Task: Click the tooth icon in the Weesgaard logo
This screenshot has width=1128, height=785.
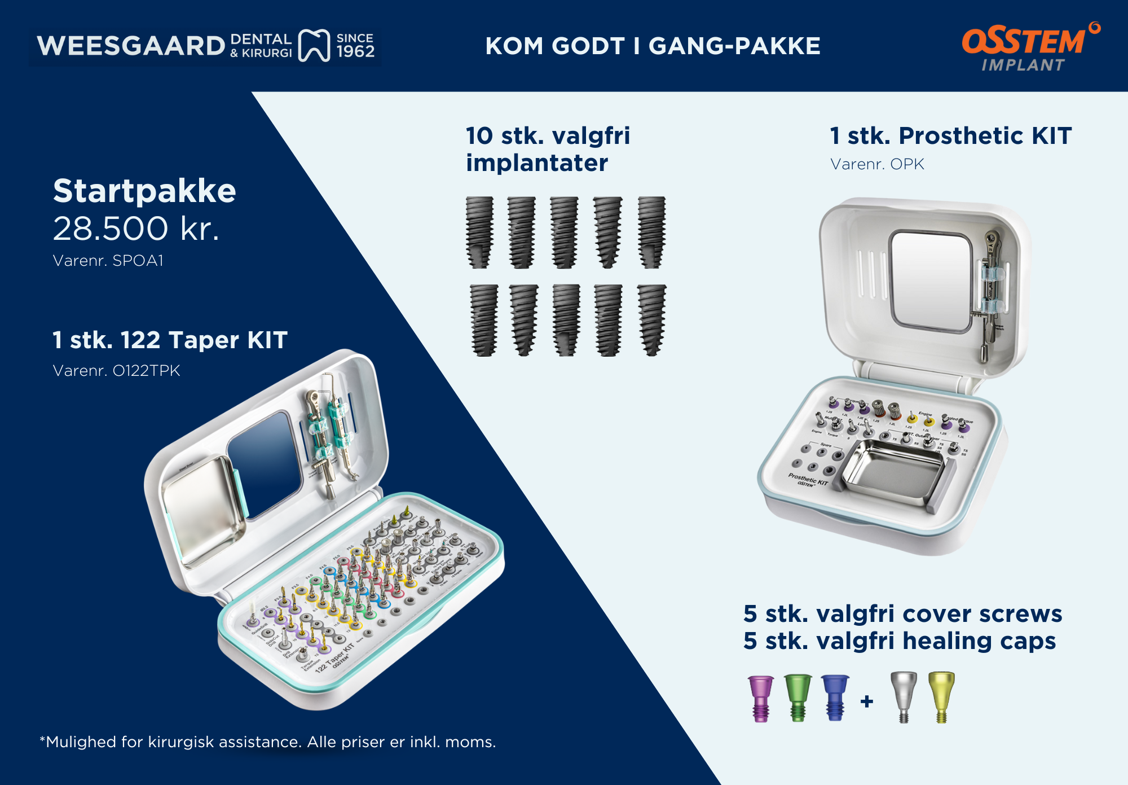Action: point(314,45)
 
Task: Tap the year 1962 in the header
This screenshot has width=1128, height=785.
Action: point(355,52)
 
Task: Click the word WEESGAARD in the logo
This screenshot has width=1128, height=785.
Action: point(131,46)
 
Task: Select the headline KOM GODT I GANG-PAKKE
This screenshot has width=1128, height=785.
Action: point(653,46)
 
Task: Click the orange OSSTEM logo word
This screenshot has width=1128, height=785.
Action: point(1023,41)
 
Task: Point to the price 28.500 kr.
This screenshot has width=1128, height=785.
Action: point(136,229)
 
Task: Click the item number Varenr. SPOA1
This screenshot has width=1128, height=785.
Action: point(108,261)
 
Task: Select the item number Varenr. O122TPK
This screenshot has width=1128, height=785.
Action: point(116,371)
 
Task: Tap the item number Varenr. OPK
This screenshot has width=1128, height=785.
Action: point(877,164)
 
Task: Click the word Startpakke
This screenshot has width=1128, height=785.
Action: point(144,191)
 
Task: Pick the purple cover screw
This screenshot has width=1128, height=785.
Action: point(760,698)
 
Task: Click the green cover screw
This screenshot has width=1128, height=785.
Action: point(797,698)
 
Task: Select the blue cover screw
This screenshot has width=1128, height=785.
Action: point(835,698)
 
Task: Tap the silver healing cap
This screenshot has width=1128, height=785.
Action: point(904,696)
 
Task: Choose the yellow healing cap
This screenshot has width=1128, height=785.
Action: point(941,696)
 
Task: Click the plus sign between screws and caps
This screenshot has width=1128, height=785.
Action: point(867,701)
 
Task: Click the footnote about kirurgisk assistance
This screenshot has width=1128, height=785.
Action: point(268,742)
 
